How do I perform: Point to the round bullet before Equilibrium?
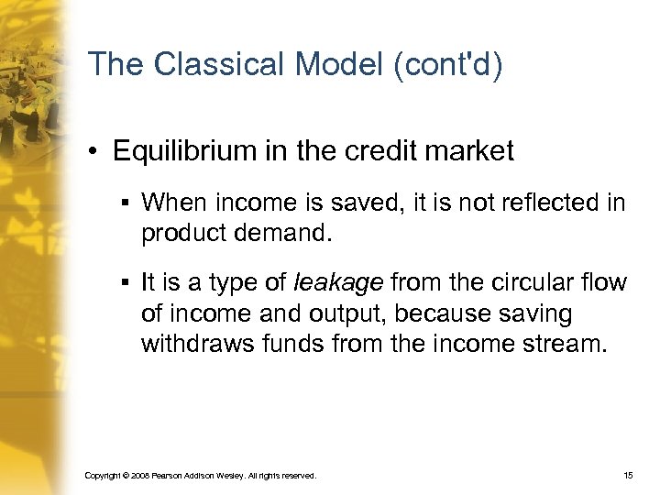pos(95,152)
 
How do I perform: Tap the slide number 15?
pos(628,476)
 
